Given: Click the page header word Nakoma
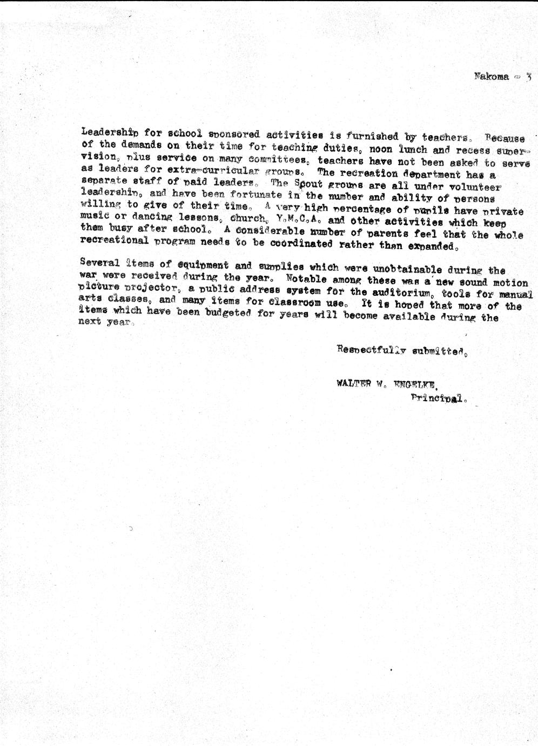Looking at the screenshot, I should [491, 77].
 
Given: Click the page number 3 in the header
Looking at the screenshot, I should [529, 77].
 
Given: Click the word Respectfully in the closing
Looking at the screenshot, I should [372, 350].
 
